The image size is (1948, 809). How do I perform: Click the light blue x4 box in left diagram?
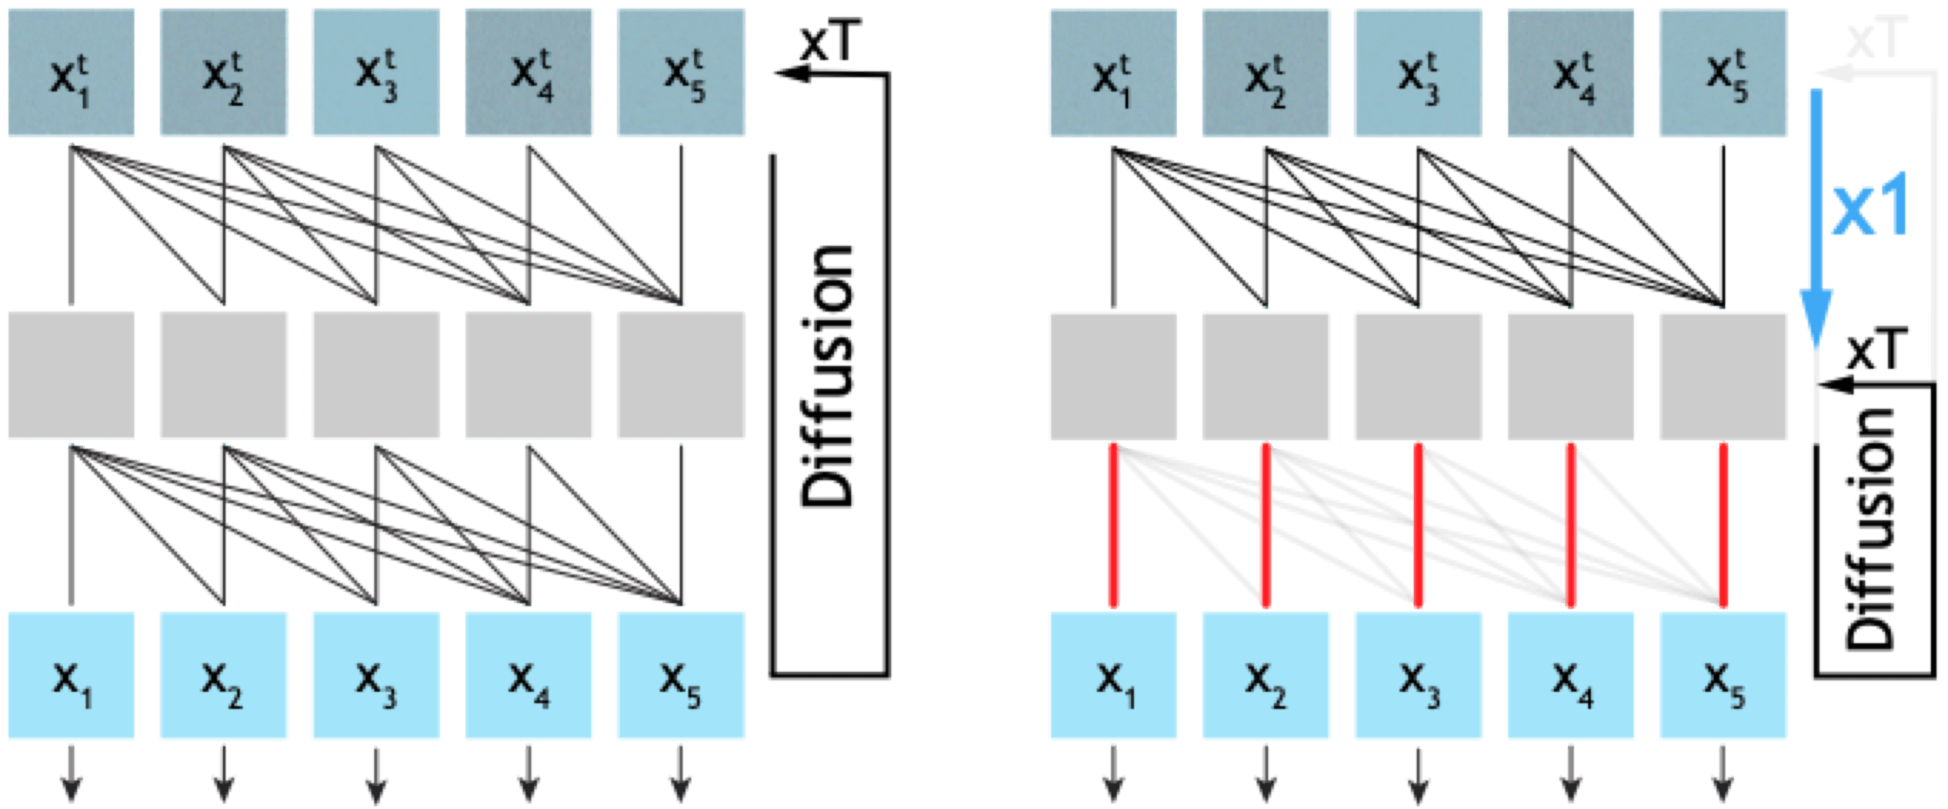coord(528,675)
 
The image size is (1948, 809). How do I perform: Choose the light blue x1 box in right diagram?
coord(1113,675)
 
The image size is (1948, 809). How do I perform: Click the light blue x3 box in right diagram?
coord(1418,675)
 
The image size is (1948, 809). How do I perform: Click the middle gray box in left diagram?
coord(375,374)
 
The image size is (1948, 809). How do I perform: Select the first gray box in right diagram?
coord(1113,374)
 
